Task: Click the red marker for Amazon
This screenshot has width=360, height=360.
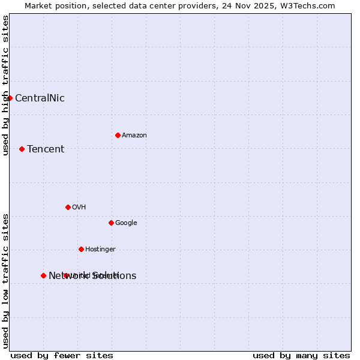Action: [118, 135]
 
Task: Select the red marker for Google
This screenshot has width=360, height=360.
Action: [111, 223]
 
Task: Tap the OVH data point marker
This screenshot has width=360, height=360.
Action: [68, 207]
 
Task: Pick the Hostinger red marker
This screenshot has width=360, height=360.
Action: [81, 249]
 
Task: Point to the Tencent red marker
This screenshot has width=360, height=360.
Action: [22, 149]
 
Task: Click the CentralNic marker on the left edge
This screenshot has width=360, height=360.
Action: [10, 98]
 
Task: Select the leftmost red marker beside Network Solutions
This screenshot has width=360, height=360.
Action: [43, 275]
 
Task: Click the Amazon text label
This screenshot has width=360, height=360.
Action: [134, 136]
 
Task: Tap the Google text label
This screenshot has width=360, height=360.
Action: [126, 223]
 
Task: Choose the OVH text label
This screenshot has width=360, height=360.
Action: [79, 208]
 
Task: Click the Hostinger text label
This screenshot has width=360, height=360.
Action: [100, 250]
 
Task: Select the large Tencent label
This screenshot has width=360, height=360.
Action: [46, 149]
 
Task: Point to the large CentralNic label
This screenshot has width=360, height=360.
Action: [40, 98]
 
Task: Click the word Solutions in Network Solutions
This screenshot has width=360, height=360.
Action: [114, 276]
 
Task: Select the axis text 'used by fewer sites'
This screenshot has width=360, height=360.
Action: [62, 355]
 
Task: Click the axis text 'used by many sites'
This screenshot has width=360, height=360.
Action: [301, 355]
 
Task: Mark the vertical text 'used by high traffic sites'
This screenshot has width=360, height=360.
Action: [5, 86]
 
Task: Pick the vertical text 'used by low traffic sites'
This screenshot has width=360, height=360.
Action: [5, 281]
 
